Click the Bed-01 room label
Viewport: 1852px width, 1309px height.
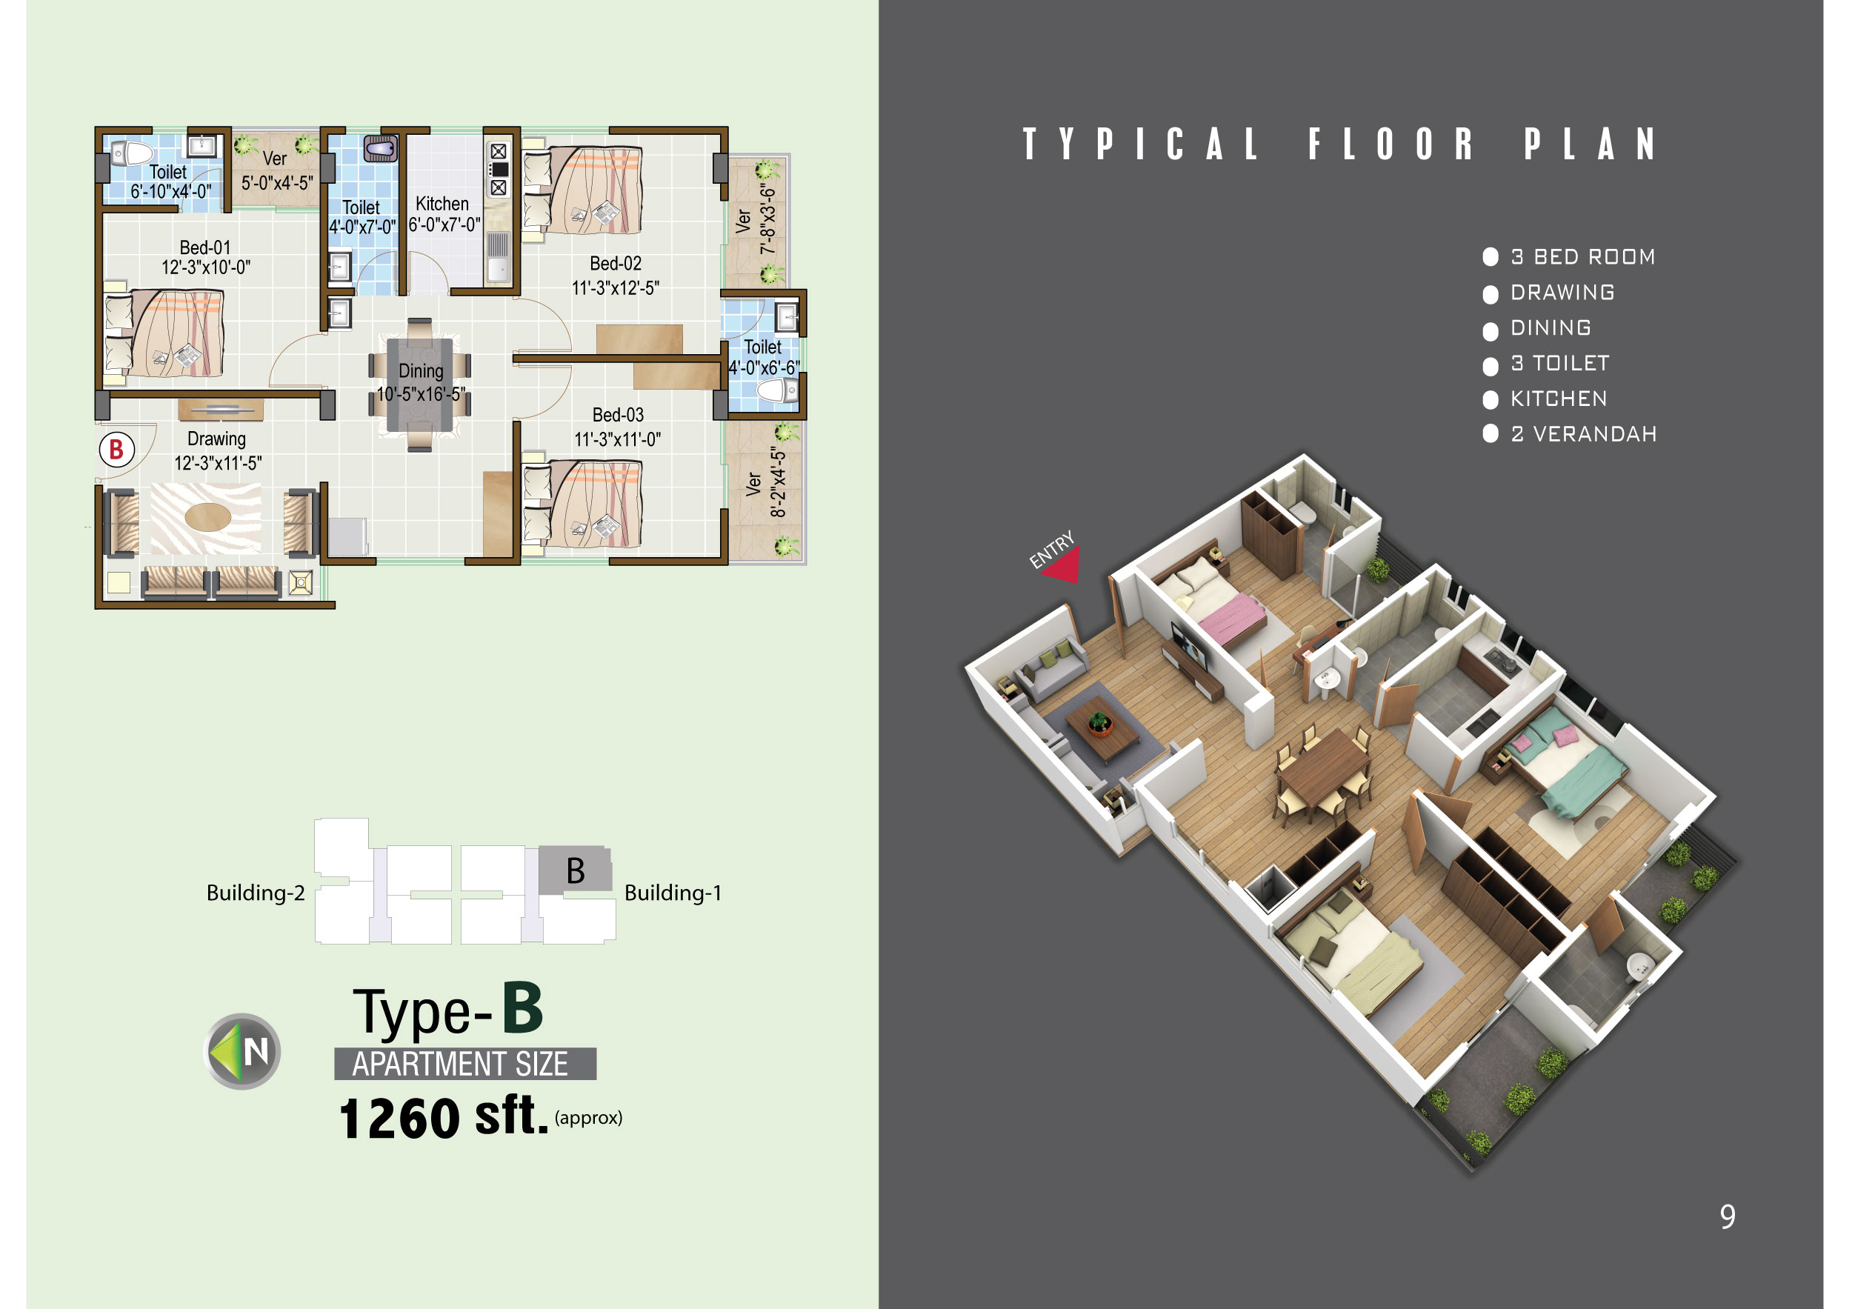click(205, 247)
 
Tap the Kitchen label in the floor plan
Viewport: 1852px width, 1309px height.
click(442, 204)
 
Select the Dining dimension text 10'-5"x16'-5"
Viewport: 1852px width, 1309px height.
click(421, 394)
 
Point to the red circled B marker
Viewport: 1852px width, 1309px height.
click(116, 449)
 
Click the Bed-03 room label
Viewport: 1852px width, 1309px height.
click(618, 415)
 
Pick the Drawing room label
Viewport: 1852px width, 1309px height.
click(216, 439)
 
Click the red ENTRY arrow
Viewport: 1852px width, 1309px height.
click(1062, 565)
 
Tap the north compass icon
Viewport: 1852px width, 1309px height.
click(242, 1051)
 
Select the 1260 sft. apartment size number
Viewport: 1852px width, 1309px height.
click(443, 1118)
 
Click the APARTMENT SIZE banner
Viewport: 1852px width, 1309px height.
click(464, 1064)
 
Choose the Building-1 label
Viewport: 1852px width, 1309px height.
click(673, 893)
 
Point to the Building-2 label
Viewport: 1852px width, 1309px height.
click(256, 893)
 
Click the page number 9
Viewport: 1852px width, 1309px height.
click(1727, 1216)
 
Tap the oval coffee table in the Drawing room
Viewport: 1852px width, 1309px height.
click(208, 516)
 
